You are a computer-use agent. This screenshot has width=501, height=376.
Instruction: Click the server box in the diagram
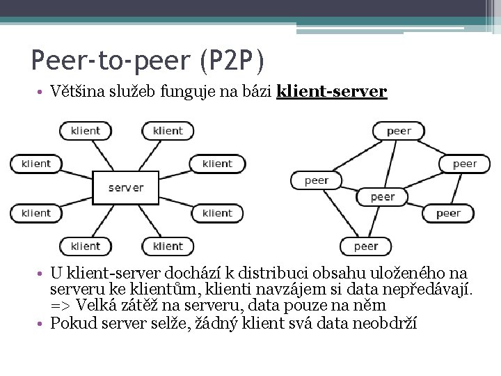[x=125, y=187]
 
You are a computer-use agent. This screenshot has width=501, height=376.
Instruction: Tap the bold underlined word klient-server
[x=331, y=91]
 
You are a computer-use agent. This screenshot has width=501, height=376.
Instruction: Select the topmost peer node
[x=399, y=130]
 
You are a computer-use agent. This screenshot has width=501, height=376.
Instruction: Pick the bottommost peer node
[x=366, y=246]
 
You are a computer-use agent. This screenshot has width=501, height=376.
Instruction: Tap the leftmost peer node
[x=317, y=180]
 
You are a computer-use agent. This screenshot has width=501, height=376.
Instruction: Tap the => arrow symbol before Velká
[x=60, y=306]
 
